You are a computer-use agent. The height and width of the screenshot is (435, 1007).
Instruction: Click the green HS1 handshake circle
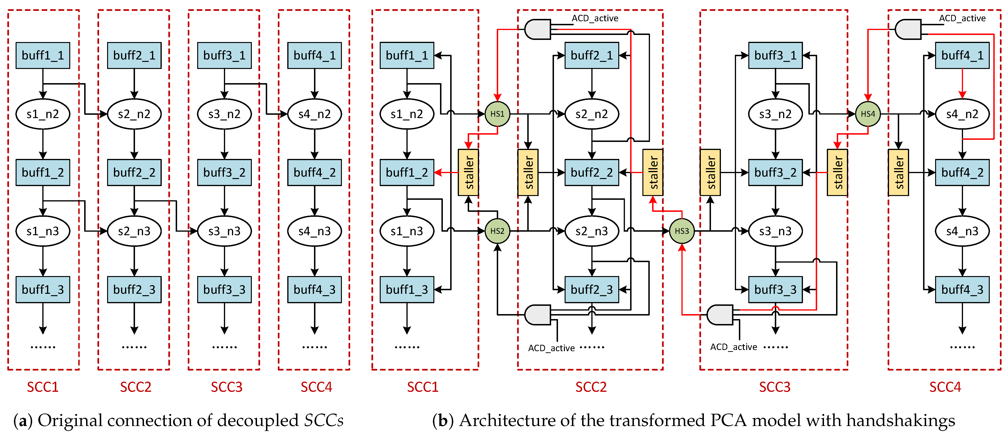click(497, 114)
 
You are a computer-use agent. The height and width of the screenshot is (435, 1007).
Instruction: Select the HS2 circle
click(497, 231)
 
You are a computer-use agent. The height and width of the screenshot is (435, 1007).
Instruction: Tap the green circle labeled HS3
click(682, 231)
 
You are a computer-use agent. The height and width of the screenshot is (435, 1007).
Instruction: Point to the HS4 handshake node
click(868, 114)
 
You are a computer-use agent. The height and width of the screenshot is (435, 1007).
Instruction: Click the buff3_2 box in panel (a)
click(224, 173)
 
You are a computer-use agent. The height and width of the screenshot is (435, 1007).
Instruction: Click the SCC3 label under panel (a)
click(227, 387)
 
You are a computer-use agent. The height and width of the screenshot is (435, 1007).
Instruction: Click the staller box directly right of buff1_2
click(468, 173)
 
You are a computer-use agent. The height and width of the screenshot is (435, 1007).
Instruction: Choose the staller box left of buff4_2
click(898, 173)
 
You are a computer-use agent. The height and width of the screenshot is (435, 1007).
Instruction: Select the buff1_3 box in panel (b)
click(407, 290)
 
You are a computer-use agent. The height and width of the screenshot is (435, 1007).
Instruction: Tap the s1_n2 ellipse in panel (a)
click(43, 114)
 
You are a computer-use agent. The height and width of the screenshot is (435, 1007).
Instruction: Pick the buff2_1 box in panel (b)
click(592, 55)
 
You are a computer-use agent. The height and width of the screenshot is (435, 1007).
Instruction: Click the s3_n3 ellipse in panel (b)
click(776, 231)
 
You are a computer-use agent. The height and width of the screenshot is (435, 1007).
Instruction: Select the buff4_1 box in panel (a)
click(315, 55)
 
